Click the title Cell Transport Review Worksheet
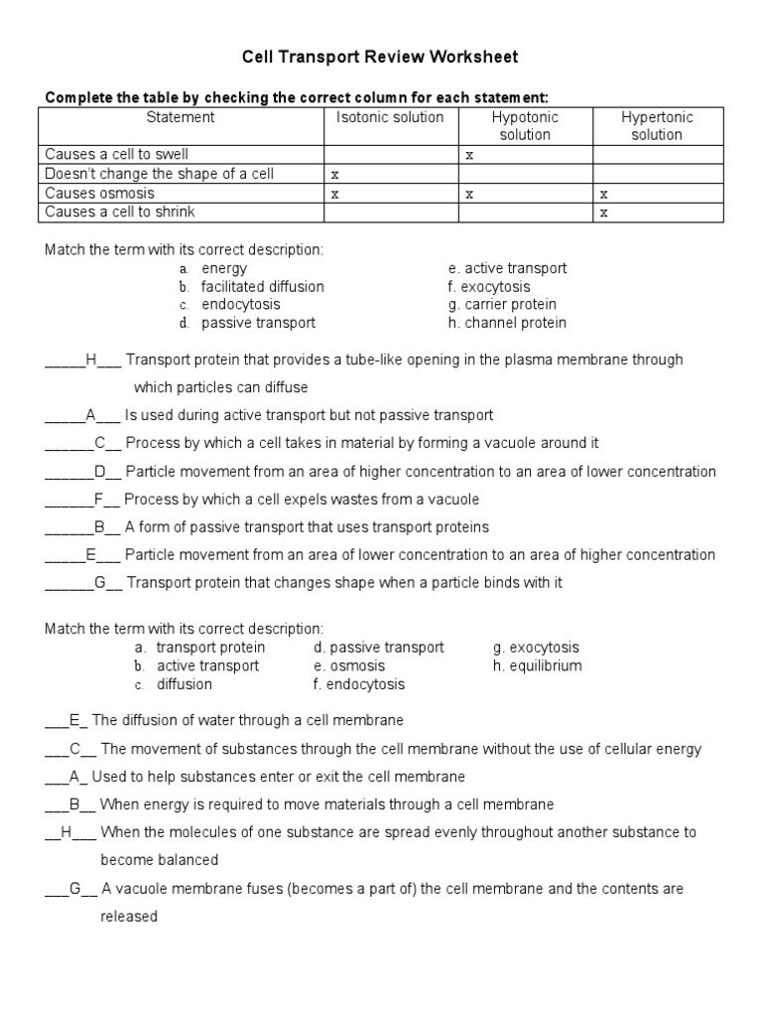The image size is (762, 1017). [381, 58]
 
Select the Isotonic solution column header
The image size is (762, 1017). [390, 117]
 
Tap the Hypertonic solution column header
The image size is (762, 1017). [657, 125]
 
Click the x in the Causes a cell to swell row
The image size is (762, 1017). [469, 155]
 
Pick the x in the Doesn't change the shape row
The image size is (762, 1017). [334, 175]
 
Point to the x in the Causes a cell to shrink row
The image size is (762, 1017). [603, 213]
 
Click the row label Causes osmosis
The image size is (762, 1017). [100, 193]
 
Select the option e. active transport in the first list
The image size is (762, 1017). [507, 268]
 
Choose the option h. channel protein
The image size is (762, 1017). [507, 323]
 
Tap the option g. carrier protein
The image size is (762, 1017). [502, 304]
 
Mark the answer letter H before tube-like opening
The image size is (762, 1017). [90, 360]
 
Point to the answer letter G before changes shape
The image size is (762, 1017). [100, 582]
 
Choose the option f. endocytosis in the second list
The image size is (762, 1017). [358, 684]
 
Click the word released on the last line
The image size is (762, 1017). [129, 917]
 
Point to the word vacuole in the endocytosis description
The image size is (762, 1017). [500, 443]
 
